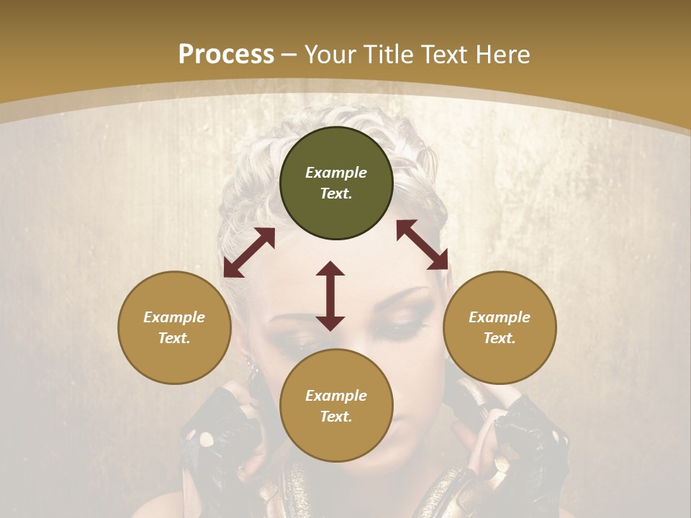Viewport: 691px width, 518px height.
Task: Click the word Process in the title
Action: tap(226, 55)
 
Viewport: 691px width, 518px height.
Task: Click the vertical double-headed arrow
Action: tap(330, 296)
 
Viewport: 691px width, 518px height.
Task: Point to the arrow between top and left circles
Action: tap(249, 253)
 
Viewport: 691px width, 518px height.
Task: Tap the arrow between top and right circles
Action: tap(422, 245)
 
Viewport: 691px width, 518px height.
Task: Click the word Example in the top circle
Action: tap(336, 173)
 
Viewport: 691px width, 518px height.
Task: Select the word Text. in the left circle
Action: tap(174, 338)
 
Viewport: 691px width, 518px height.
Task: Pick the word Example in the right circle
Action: tap(500, 317)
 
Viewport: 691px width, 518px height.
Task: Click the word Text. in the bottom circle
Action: tap(336, 417)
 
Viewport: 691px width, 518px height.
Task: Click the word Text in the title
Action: tap(443, 55)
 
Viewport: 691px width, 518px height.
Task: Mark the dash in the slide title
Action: tap(289, 55)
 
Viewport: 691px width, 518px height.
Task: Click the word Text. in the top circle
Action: tap(336, 194)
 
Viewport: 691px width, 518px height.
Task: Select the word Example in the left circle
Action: tap(174, 317)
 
